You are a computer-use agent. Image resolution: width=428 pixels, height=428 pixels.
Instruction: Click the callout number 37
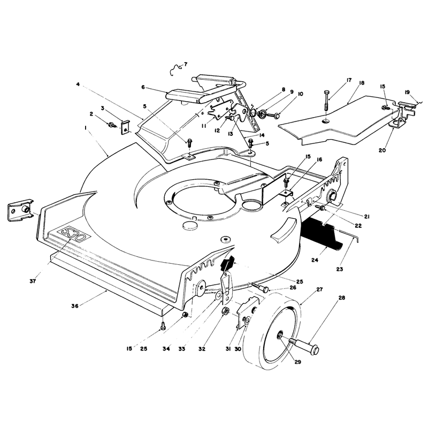(x=33, y=281)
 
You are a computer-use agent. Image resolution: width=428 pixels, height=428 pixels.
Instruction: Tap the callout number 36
(x=75, y=306)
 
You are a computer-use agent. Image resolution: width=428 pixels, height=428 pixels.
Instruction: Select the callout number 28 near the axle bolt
(x=341, y=298)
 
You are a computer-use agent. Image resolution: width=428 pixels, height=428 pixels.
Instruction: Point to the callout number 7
(x=186, y=64)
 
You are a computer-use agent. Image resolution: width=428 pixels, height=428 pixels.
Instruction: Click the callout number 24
(x=315, y=260)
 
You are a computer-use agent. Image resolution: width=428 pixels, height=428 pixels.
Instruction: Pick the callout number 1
(x=86, y=127)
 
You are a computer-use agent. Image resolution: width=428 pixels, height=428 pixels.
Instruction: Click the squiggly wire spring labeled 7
(x=175, y=70)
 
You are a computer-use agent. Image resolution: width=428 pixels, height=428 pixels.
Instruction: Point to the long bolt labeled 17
(x=327, y=100)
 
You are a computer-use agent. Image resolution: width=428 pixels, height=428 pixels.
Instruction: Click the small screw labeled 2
(x=112, y=125)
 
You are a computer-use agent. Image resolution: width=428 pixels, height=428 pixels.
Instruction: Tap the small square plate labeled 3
(x=125, y=128)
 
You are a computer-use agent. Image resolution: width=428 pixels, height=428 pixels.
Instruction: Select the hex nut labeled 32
(x=225, y=311)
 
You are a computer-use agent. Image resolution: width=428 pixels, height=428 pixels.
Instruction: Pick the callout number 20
(x=382, y=150)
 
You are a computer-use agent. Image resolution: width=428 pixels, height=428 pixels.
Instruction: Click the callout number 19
(x=407, y=92)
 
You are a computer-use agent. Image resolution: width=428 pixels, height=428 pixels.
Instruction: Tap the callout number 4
(x=78, y=85)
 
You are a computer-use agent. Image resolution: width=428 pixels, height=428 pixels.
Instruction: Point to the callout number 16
(x=319, y=159)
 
